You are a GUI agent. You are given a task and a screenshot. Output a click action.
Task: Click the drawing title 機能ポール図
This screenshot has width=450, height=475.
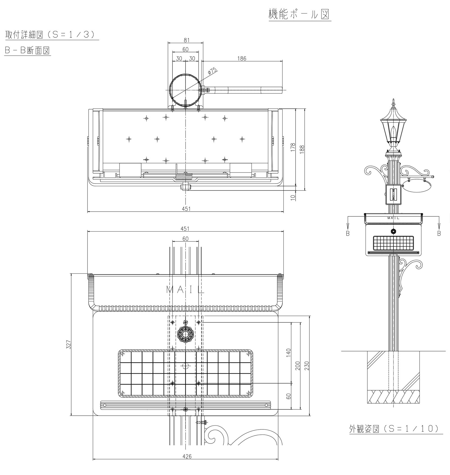[299, 14]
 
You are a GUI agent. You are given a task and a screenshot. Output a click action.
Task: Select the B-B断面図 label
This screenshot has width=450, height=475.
[27, 50]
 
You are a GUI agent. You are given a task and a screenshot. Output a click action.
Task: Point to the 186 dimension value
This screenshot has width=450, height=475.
[242, 59]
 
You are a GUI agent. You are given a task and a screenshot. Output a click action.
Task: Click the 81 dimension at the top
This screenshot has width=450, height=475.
[186, 40]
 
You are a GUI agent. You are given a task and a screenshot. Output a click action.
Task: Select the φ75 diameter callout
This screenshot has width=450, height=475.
[213, 71]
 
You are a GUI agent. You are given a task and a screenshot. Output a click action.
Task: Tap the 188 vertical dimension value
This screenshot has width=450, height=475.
[302, 149]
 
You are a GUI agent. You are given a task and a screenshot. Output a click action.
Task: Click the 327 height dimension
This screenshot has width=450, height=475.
[68, 344]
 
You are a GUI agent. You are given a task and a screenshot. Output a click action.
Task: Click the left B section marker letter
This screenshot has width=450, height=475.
[348, 233]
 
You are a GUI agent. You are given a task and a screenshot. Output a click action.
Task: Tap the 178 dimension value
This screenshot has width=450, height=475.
[293, 147]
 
